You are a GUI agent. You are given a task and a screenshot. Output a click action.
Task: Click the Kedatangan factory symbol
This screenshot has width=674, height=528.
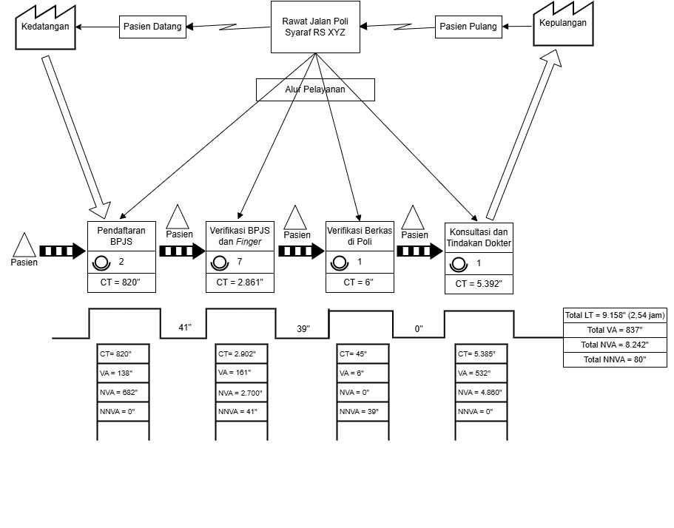(44, 28)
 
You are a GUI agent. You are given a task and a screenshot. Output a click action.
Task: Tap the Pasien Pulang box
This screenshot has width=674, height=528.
(468, 26)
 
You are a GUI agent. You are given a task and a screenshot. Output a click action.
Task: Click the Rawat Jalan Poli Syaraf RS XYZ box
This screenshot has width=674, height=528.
(316, 27)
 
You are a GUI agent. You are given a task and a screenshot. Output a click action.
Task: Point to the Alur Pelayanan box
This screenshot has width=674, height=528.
(315, 89)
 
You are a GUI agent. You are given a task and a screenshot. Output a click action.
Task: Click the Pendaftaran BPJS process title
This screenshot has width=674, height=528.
(121, 235)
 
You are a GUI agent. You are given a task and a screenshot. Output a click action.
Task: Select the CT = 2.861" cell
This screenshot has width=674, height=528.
(240, 282)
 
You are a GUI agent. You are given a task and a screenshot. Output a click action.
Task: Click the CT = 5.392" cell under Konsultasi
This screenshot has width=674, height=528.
(479, 283)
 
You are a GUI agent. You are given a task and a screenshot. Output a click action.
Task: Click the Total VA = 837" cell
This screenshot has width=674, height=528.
(614, 330)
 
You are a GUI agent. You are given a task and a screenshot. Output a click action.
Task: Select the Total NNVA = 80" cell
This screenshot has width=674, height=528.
(614, 359)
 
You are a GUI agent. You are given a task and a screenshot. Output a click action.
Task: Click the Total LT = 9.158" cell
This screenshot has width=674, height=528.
(614, 315)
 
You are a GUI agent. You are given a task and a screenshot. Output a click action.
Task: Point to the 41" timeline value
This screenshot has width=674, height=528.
(184, 327)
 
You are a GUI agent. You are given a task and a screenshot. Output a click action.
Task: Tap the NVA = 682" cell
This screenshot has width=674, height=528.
(124, 392)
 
